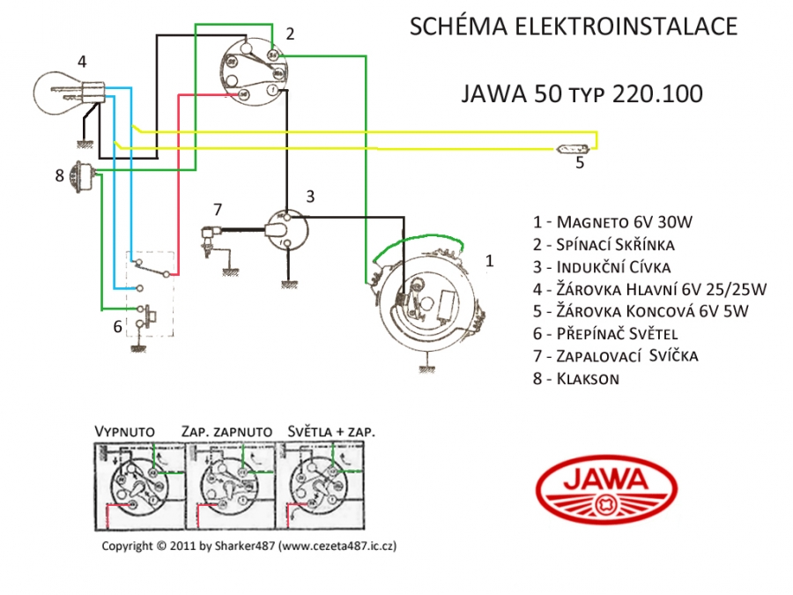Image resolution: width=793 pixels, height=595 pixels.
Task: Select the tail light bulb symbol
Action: pyautogui.click(x=568, y=148)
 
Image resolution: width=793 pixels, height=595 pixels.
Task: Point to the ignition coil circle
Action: pyautogui.click(x=287, y=228)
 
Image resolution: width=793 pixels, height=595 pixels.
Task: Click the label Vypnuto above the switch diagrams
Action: pyautogui.click(x=124, y=432)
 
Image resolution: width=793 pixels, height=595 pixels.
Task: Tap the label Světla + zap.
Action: pyautogui.click(x=331, y=432)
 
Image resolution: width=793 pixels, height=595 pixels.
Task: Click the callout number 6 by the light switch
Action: pyautogui.click(x=117, y=325)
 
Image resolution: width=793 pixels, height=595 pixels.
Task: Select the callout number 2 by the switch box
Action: pyautogui.click(x=290, y=33)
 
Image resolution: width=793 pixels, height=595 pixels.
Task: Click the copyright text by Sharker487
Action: pyautogui.click(x=248, y=547)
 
